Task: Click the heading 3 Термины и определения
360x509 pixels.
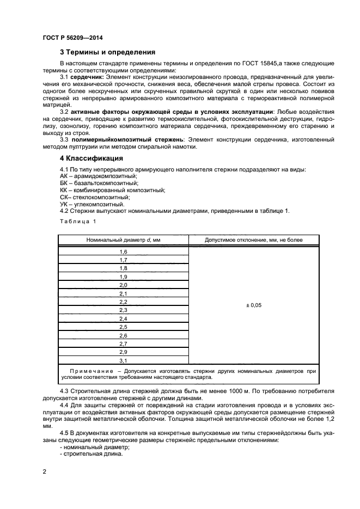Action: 107,52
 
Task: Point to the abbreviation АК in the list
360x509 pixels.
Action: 63,176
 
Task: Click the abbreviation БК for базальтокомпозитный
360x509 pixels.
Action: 63,183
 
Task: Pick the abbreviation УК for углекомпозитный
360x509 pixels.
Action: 63,204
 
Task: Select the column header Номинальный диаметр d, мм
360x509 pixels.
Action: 123,240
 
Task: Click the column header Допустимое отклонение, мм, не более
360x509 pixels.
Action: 254,240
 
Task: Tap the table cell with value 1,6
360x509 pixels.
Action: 123,252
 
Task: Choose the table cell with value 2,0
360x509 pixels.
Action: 123,285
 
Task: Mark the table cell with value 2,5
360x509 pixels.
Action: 123,327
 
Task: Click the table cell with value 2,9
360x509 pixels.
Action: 123,352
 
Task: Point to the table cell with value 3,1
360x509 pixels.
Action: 123,360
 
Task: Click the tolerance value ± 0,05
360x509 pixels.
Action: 254,305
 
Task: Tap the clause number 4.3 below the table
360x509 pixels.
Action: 65,391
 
